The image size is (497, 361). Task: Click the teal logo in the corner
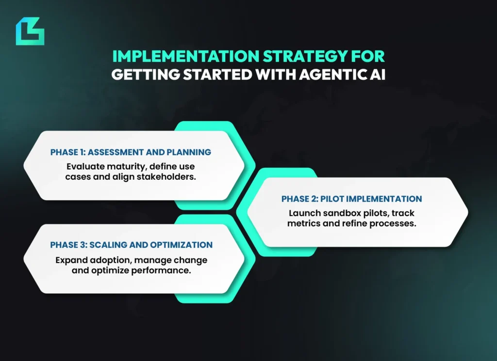click(x=30, y=31)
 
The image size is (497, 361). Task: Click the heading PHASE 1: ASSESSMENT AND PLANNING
click(x=131, y=152)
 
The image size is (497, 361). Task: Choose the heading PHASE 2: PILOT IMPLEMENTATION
click(x=351, y=199)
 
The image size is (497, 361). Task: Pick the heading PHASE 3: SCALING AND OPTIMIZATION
click(x=131, y=245)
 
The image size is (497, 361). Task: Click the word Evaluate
click(x=85, y=166)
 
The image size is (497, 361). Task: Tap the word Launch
click(x=304, y=213)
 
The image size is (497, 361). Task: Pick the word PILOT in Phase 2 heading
click(x=331, y=199)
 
